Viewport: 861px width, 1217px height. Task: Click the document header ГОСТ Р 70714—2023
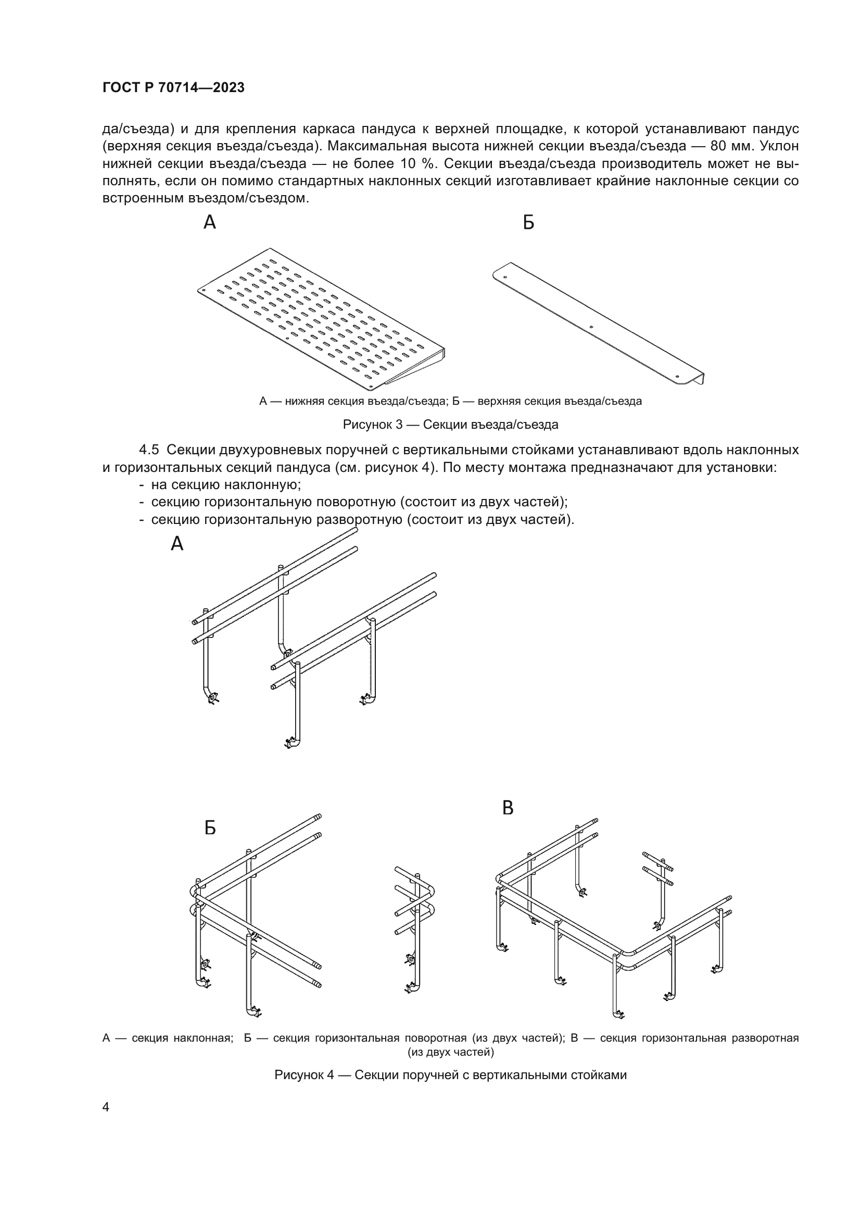point(173,88)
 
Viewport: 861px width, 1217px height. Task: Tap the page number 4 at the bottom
point(106,1107)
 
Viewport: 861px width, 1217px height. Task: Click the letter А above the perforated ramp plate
point(210,223)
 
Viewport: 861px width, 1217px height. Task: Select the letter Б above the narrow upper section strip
point(528,223)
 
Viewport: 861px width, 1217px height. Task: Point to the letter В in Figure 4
point(508,808)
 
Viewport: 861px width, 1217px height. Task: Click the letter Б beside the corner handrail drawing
point(210,828)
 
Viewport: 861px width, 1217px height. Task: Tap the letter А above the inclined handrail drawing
point(177,544)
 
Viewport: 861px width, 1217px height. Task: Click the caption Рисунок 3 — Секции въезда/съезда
point(450,425)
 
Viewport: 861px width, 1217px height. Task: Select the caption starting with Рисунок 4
point(450,1075)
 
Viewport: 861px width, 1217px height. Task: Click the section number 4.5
point(149,450)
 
